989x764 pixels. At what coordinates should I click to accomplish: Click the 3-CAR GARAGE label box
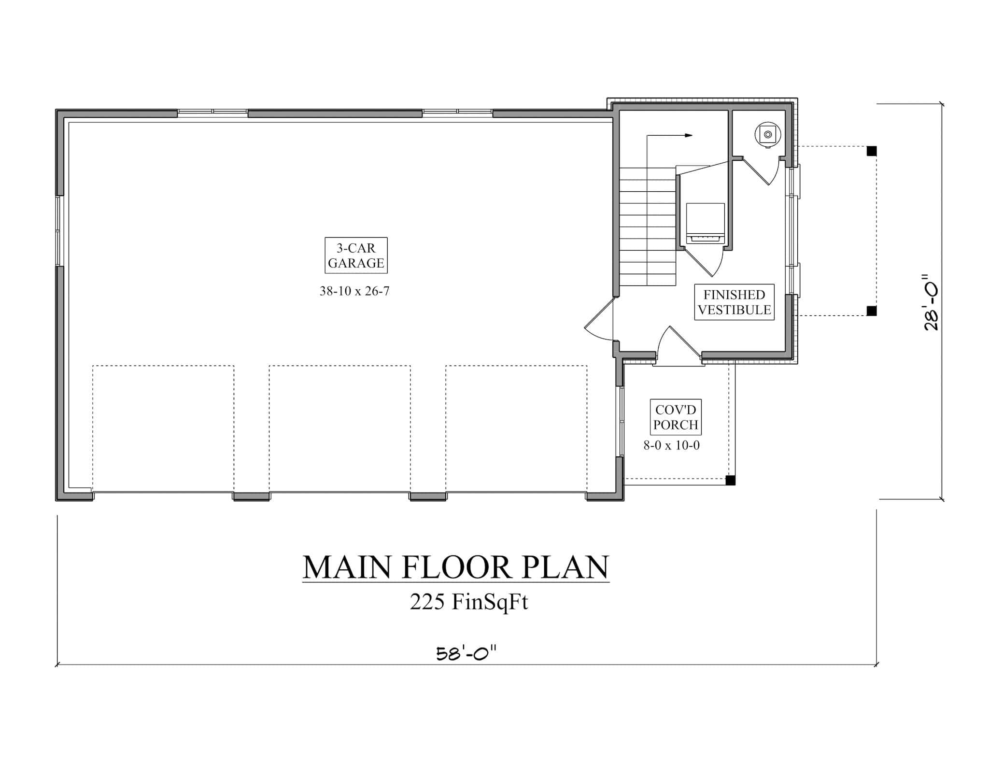[x=356, y=255]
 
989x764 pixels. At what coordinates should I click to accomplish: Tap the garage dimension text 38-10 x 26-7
[x=354, y=291]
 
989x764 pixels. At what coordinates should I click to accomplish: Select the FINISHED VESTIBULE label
[x=734, y=302]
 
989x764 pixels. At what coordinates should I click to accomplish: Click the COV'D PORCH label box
[x=676, y=417]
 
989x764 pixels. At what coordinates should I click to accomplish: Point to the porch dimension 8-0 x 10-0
[x=671, y=445]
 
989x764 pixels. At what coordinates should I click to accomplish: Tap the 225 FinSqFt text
[x=468, y=602]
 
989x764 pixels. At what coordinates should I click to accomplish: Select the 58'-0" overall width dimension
[x=466, y=654]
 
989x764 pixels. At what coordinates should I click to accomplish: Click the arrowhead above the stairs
[x=689, y=136]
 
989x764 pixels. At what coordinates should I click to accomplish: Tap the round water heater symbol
[x=768, y=134]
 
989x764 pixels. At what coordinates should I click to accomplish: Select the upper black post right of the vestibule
[x=872, y=151]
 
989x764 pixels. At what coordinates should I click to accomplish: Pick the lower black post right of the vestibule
[x=872, y=311]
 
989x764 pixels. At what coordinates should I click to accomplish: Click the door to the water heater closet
[x=761, y=171]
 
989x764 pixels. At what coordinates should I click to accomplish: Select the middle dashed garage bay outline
[x=339, y=428]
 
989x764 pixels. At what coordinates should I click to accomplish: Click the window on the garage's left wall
[x=59, y=231]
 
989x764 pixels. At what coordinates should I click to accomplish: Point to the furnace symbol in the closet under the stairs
[x=705, y=224]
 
